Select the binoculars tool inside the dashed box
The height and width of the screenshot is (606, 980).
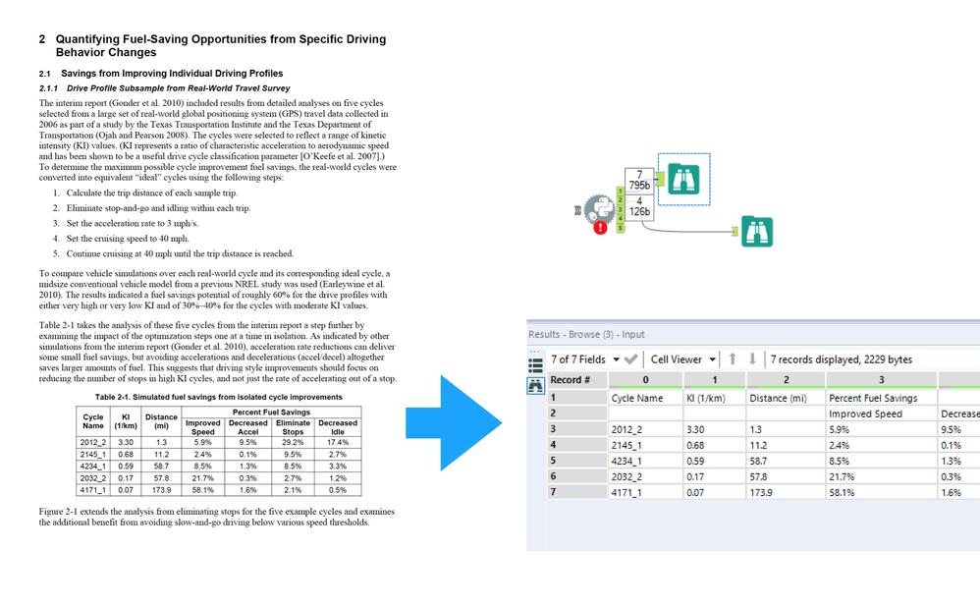coord(686,179)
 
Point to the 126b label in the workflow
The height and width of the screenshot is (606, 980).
coord(639,211)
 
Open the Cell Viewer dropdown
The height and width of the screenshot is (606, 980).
coord(684,358)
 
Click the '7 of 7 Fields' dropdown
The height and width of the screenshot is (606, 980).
coord(586,358)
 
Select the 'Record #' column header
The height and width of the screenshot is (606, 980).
coord(571,379)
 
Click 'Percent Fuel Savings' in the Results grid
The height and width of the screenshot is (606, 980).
coord(873,398)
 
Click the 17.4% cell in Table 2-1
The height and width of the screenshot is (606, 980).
coord(337,442)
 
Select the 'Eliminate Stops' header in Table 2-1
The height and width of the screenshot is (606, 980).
coord(293,427)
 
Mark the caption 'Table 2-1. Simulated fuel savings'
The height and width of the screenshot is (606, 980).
coord(218,397)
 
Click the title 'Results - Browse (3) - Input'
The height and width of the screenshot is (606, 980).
coord(586,335)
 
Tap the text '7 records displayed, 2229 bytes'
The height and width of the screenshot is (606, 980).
coord(842,358)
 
